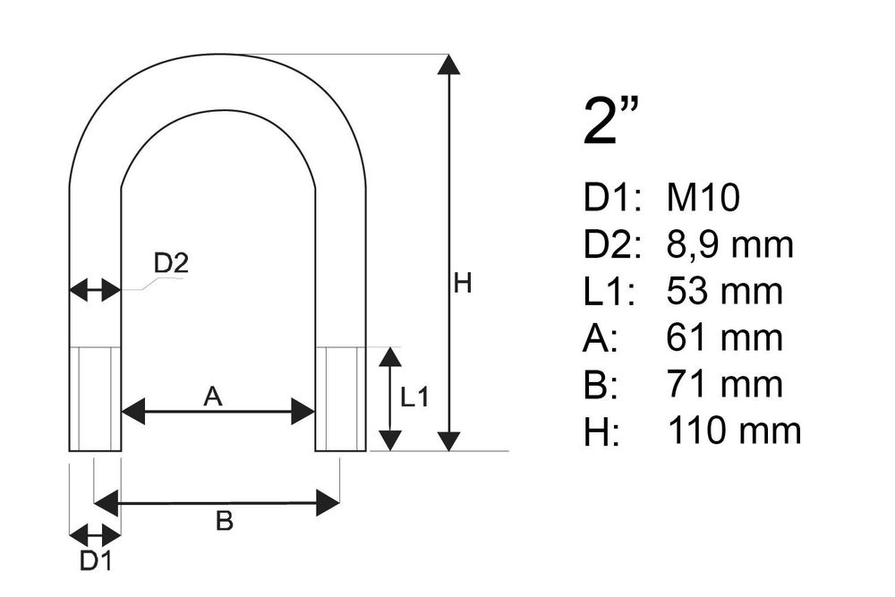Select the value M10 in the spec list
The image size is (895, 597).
[703, 198]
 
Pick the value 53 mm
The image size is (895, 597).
[724, 291]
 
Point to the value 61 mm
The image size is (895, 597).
[724, 337]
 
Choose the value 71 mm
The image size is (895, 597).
[725, 384]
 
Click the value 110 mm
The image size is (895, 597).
[735, 431]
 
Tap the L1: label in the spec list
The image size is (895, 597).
[609, 291]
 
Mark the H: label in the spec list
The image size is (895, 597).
[601, 431]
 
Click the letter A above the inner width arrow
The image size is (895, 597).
[212, 397]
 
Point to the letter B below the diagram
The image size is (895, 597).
[225, 521]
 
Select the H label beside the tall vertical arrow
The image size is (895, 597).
[463, 283]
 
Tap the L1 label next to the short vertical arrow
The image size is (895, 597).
[414, 397]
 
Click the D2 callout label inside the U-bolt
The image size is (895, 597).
[171, 263]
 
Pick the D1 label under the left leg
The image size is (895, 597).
[96, 561]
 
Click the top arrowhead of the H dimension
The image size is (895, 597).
[449, 64]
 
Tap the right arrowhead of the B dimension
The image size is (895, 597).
[328, 503]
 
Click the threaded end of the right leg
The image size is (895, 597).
[341, 398]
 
